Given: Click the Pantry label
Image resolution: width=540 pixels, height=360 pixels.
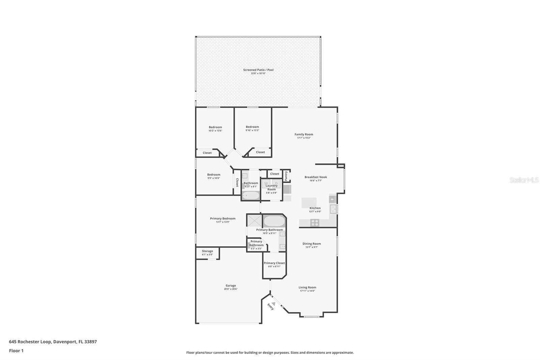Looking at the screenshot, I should (x=286, y=176).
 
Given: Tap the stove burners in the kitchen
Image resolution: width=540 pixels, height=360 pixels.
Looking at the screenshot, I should (x=315, y=223).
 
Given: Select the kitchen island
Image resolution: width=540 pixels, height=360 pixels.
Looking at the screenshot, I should (x=309, y=203).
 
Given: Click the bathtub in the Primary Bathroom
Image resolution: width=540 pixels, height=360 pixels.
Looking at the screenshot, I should (x=274, y=221).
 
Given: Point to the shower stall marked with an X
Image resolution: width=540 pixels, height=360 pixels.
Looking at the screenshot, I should (x=254, y=221).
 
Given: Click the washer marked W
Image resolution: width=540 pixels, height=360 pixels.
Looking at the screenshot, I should (x=266, y=183).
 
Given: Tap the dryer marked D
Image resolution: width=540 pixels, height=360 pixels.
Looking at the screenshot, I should (x=276, y=183).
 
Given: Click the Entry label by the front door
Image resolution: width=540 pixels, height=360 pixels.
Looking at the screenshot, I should (x=270, y=307).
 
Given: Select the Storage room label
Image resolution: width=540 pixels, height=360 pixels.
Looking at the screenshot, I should (x=207, y=251).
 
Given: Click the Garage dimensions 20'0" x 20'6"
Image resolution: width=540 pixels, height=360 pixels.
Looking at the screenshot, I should (x=231, y=289).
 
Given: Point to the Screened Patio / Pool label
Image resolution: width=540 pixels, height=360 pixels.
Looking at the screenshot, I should (x=258, y=70).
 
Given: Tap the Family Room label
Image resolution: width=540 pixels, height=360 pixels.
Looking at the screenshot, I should (x=304, y=134).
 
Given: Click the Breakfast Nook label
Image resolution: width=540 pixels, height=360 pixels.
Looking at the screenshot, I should (x=316, y=177).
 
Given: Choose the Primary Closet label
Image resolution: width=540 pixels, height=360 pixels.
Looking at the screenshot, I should (x=274, y=263).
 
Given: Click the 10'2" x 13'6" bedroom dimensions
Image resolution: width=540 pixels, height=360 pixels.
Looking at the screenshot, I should (x=215, y=131).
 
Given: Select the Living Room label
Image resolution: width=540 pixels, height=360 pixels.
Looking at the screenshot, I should (x=307, y=287).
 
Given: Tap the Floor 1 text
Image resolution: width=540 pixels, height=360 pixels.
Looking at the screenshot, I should (x=16, y=351).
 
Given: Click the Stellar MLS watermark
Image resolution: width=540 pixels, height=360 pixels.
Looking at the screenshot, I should (x=524, y=180).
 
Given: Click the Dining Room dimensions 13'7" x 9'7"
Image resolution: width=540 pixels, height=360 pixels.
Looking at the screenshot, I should (x=312, y=247).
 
